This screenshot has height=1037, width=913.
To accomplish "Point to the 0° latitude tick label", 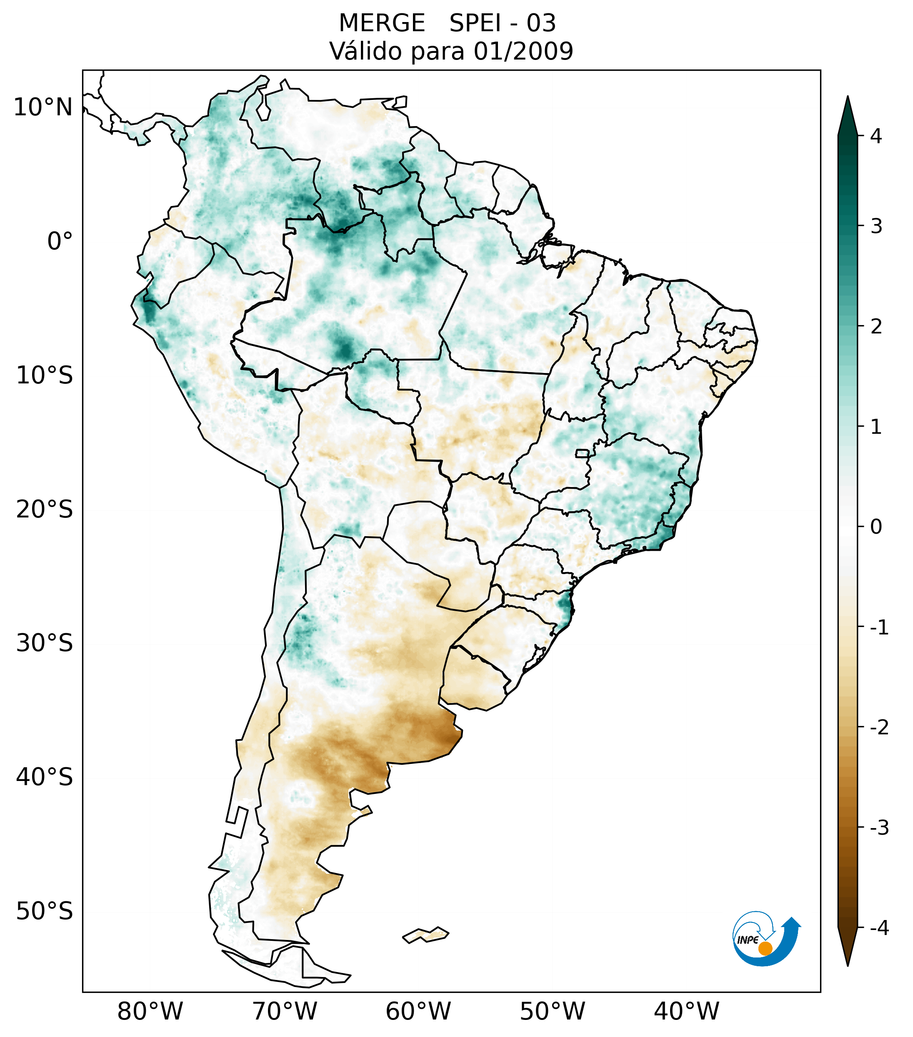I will pos(60,241).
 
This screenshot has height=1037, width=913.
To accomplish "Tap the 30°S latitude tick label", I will pos(45,643).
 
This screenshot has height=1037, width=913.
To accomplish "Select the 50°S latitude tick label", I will pos(45,911).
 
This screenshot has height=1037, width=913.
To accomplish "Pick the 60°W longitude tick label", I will pos(418,1011).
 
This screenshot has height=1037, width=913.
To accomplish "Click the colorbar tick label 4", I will pos(876,136).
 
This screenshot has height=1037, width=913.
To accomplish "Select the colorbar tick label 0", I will pos(876,527).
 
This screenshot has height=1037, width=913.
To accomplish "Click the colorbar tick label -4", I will pos(879,928).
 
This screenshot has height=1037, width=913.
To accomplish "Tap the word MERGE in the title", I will pos(382,23).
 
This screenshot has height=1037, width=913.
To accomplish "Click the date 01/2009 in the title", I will pos(523,51).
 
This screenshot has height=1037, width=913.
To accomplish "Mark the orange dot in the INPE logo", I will pos(765,948).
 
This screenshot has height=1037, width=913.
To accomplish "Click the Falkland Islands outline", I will pos(425,935).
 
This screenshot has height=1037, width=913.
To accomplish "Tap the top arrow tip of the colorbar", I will pos(847,98).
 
